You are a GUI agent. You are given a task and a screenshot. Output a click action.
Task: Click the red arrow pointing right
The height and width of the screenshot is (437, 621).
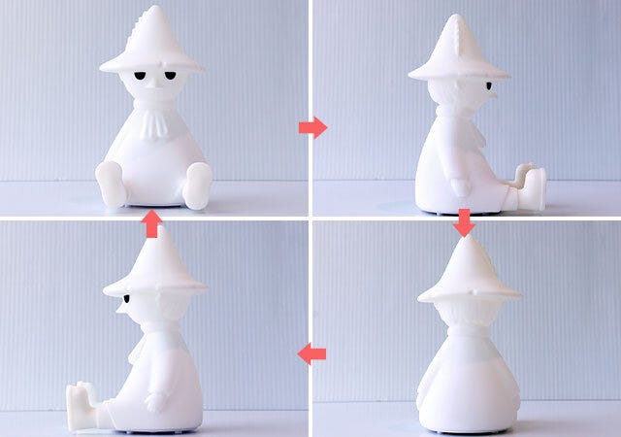[x=311, y=127]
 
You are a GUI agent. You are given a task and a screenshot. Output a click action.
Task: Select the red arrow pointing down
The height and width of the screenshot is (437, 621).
[x=464, y=222]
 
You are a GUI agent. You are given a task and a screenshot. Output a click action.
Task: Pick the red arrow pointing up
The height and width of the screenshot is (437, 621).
[x=151, y=225]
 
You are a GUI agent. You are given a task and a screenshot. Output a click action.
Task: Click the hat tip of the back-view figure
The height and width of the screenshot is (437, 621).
[x=465, y=236]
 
